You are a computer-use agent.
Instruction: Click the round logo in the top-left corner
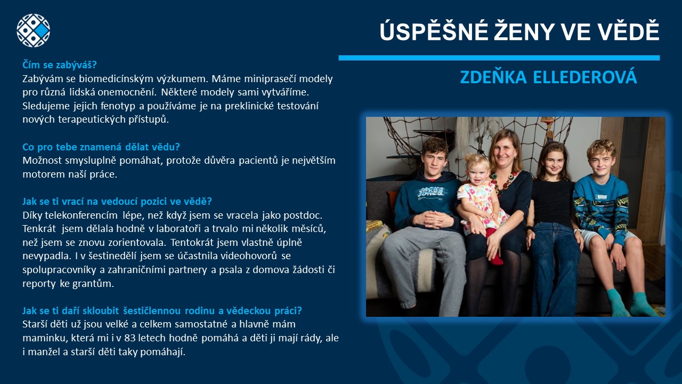33,30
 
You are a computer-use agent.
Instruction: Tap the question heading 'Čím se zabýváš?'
59,65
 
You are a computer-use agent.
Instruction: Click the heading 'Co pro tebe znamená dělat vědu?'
101,147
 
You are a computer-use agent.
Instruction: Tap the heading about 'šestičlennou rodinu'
162,310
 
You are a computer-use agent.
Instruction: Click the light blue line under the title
499,58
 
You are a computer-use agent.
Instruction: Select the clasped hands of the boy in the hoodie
433,219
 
